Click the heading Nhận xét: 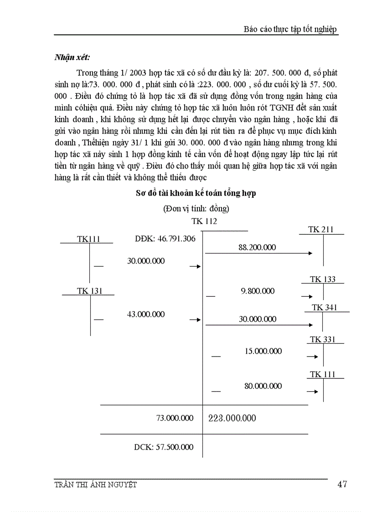(x=72, y=57)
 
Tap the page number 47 (x=342, y=484)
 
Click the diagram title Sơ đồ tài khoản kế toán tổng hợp (x=196, y=193)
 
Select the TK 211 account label (x=320, y=230)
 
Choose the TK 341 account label (x=324, y=308)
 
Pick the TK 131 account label (x=89, y=291)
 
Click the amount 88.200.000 (x=257, y=247)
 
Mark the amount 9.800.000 (x=258, y=291)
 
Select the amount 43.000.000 (x=146, y=314)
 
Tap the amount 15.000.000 (x=263, y=351)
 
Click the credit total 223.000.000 (x=232, y=418)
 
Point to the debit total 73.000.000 (x=175, y=418)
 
